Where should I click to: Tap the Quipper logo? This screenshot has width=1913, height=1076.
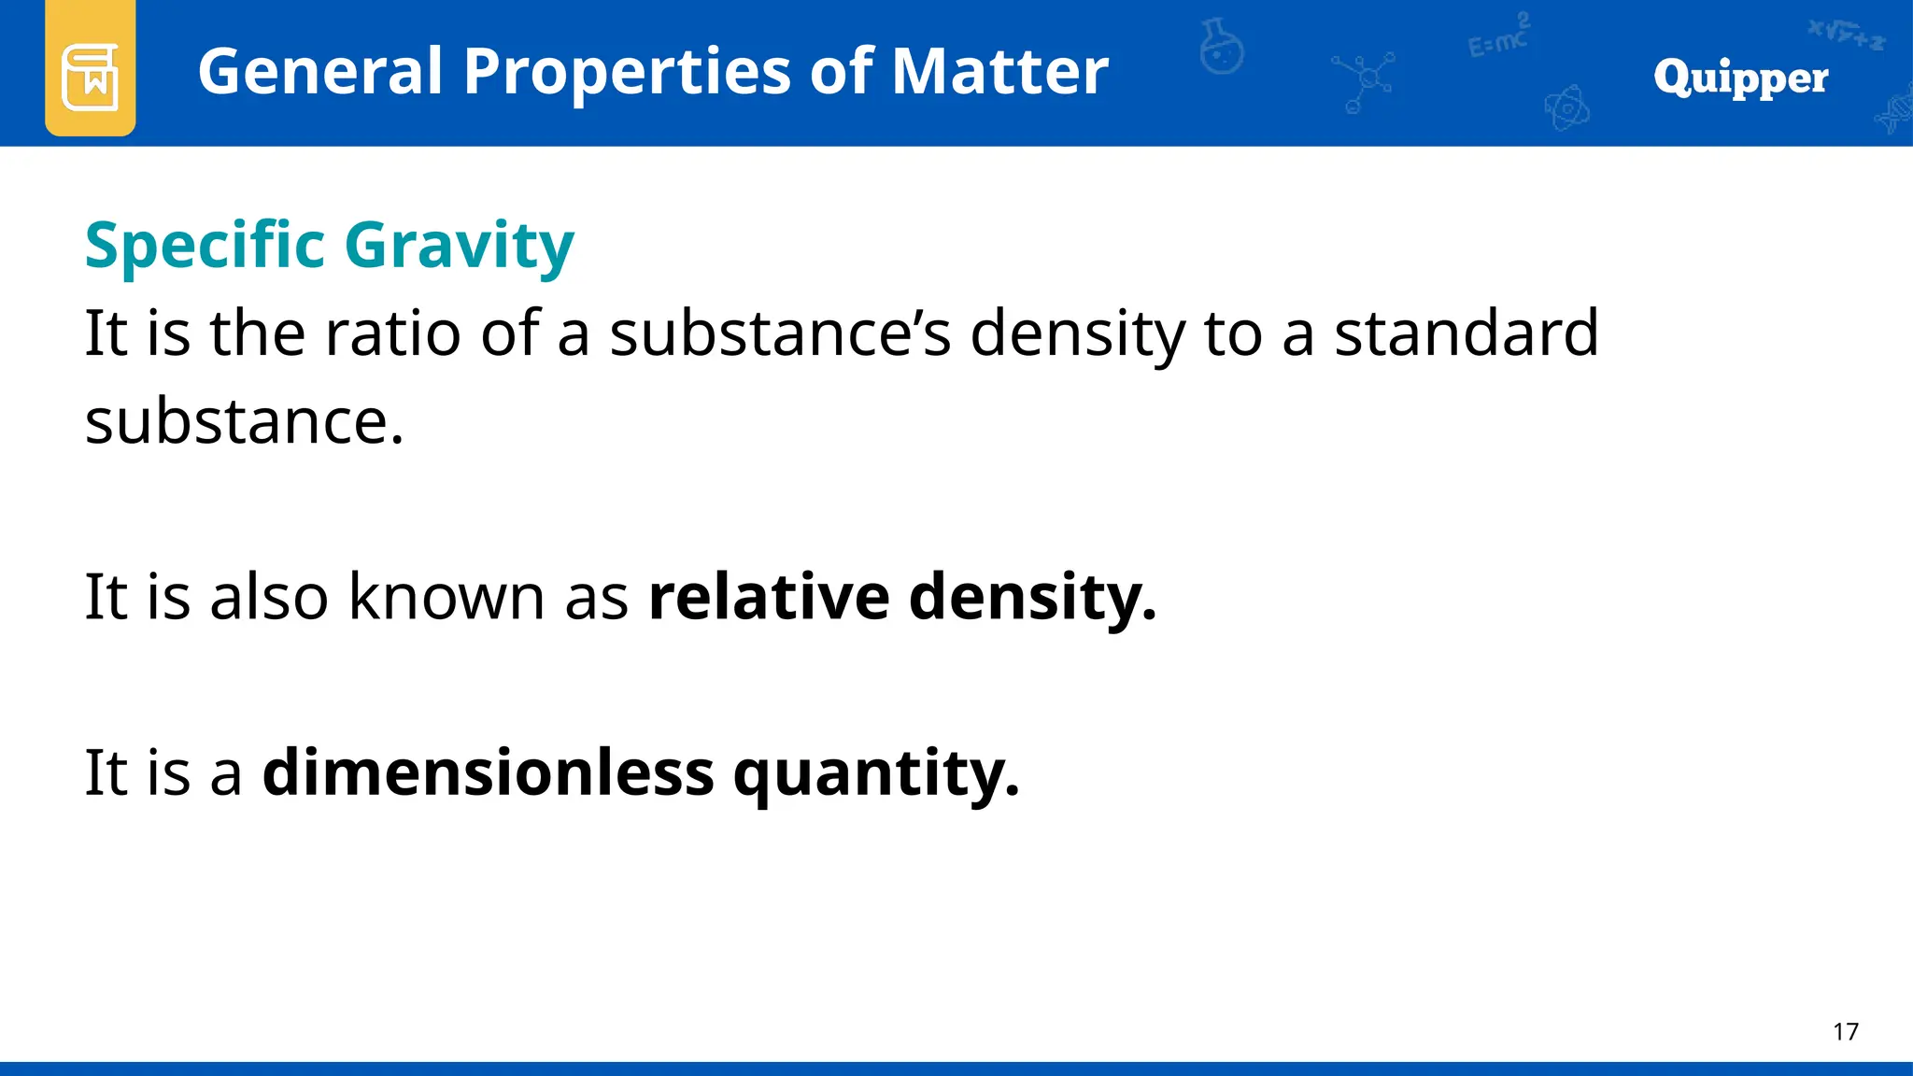click(x=1740, y=78)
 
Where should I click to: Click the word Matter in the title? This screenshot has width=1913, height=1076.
click(x=999, y=72)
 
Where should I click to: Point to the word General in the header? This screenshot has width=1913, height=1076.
click(x=320, y=72)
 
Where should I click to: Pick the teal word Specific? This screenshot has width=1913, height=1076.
click(x=205, y=246)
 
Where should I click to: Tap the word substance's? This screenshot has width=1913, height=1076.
click(x=780, y=333)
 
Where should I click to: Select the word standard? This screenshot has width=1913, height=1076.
click(x=1466, y=333)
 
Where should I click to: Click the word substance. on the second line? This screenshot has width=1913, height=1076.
click(x=245, y=421)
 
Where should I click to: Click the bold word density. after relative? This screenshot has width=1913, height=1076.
click(x=1032, y=597)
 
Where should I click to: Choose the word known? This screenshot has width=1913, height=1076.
click(x=446, y=597)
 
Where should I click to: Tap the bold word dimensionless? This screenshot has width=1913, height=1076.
click(x=488, y=772)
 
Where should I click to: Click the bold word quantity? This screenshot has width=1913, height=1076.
click(x=875, y=774)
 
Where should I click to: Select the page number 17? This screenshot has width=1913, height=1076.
click(x=1845, y=1031)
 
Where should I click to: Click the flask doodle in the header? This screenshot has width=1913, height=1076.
click(x=1222, y=48)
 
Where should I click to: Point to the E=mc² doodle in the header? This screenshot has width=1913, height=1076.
click(x=1498, y=37)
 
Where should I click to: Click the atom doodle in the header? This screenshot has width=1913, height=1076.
click(x=1566, y=108)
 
